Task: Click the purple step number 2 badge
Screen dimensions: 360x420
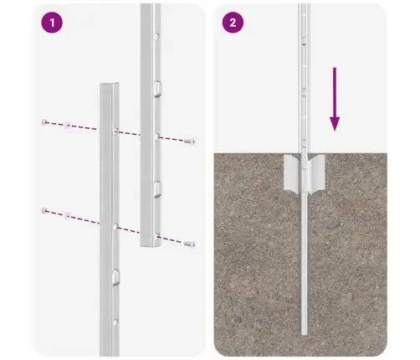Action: [x=231, y=23]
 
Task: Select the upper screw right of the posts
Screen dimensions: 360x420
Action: [x=191, y=141]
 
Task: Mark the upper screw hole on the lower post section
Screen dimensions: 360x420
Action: [x=116, y=132]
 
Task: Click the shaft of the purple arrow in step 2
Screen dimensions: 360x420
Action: [x=335, y=96]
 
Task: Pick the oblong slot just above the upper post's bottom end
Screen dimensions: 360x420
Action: [x=156, y=186]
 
